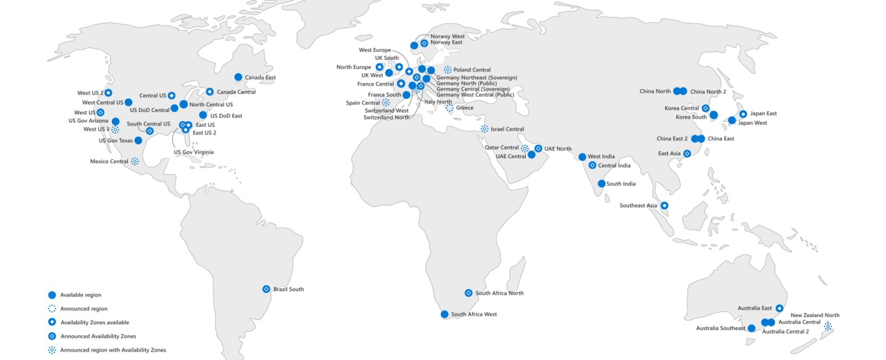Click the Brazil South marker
(x=266, y=289)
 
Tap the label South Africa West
(x=473, y=315)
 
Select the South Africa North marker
(x=468, y=293)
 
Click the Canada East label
(x=260, y=78)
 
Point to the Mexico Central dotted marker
(x=135, y=162)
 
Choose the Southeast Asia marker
(x=664, y=205)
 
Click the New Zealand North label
(x=815, y=315)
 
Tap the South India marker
(x=601, y=184)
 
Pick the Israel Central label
(x=507, y=129)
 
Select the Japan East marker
(x=743, y=114)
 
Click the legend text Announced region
(x=84, y=309)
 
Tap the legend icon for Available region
(x=52, y=295)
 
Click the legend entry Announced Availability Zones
(x=98, y=336)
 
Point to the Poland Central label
(x=472, y=70)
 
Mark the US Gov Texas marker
(x=138, y=141)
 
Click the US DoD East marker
(x=203, y=115)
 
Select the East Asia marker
(x=687, y=154)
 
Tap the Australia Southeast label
(x=720, y=328)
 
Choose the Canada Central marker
(x=210, y=92)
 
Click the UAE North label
(x=558, y=149)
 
